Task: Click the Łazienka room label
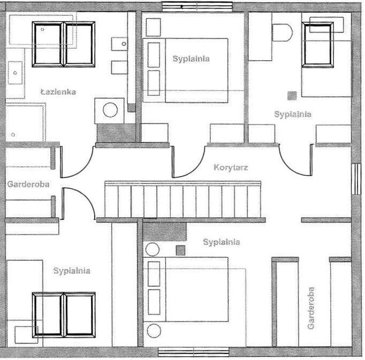point(58,92)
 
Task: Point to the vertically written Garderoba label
point(311,308)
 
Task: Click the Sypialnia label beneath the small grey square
point(292,114)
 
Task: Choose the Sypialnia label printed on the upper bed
point(191,59)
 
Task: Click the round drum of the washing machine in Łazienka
point(110,110)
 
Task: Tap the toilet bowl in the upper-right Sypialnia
point(282,33)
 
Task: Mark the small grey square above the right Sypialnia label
point(292,96)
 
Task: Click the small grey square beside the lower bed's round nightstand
point(180,249)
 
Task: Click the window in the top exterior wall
point(197,6)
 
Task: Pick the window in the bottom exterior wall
point(193,352)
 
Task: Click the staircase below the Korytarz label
point(182,200)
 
